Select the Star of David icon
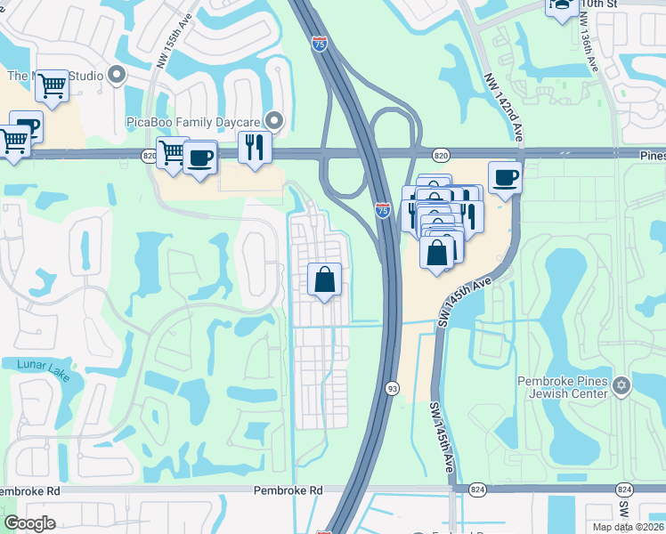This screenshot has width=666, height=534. (621, 385)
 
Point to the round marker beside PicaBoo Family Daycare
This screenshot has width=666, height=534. (275, 119)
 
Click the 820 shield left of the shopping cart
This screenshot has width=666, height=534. (148, 155)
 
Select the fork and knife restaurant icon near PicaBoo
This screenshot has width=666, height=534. (255, 147)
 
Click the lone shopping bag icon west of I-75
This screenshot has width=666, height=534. (324, 279)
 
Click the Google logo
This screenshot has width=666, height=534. (29, 523)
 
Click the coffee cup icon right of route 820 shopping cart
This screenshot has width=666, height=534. (201, 158)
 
